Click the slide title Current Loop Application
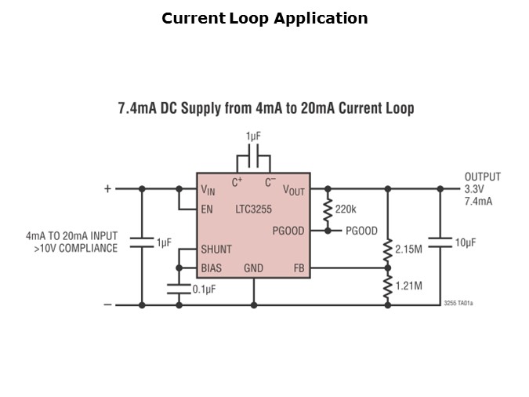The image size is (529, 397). [264, 18]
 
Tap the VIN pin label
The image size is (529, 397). [208, 190]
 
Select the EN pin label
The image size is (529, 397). [207, 209]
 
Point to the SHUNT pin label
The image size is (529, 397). [216, 249]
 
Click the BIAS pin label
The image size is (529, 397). [211, 268]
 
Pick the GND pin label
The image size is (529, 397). [253, 268]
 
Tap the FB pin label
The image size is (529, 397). [298, 268]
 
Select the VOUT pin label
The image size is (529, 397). [295, 190]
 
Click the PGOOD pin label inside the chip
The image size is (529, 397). [288, 231]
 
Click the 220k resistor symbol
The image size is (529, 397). [327, 209]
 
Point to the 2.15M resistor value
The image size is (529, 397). [408, 249]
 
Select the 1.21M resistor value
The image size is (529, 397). [408, 286]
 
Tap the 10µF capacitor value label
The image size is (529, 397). [466, 243]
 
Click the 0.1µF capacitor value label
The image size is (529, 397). [205, 290]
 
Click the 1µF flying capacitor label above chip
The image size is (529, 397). [253, 137]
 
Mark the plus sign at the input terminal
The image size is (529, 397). [107, 189]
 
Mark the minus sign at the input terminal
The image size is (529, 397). [107, 305]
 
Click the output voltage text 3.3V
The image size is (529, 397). [475, 189]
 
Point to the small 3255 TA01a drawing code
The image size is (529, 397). [458, 301]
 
